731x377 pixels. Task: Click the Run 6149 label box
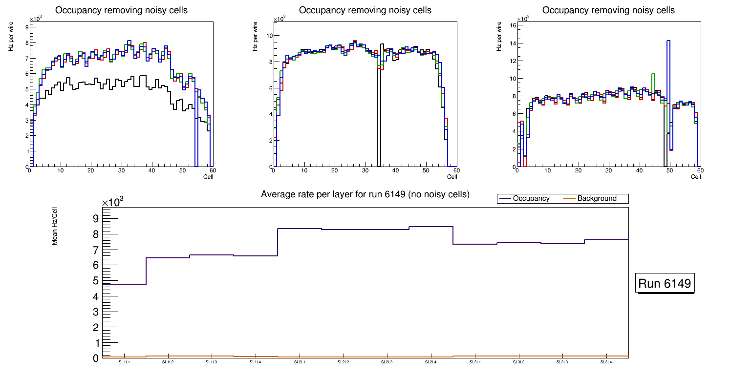(665, 283)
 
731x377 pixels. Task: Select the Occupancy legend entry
(531, 199)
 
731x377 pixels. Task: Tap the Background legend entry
(597, 199)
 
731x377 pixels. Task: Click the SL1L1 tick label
(124, 362)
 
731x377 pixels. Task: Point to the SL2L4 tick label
(431, 362)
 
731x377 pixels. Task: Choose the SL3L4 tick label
(606, 362)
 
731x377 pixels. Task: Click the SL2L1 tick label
(300, 362)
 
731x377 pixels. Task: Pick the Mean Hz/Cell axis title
(55, 227)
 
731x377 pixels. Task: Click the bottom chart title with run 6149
(365, 194)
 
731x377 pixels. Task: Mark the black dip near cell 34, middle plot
(379, 117)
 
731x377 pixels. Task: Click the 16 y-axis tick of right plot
(513, 25)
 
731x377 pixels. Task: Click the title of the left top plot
(121, 10)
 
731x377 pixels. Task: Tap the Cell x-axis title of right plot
(696, 177)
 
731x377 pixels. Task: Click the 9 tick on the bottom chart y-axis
(95, 218)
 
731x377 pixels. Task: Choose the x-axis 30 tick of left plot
(121, 170)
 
